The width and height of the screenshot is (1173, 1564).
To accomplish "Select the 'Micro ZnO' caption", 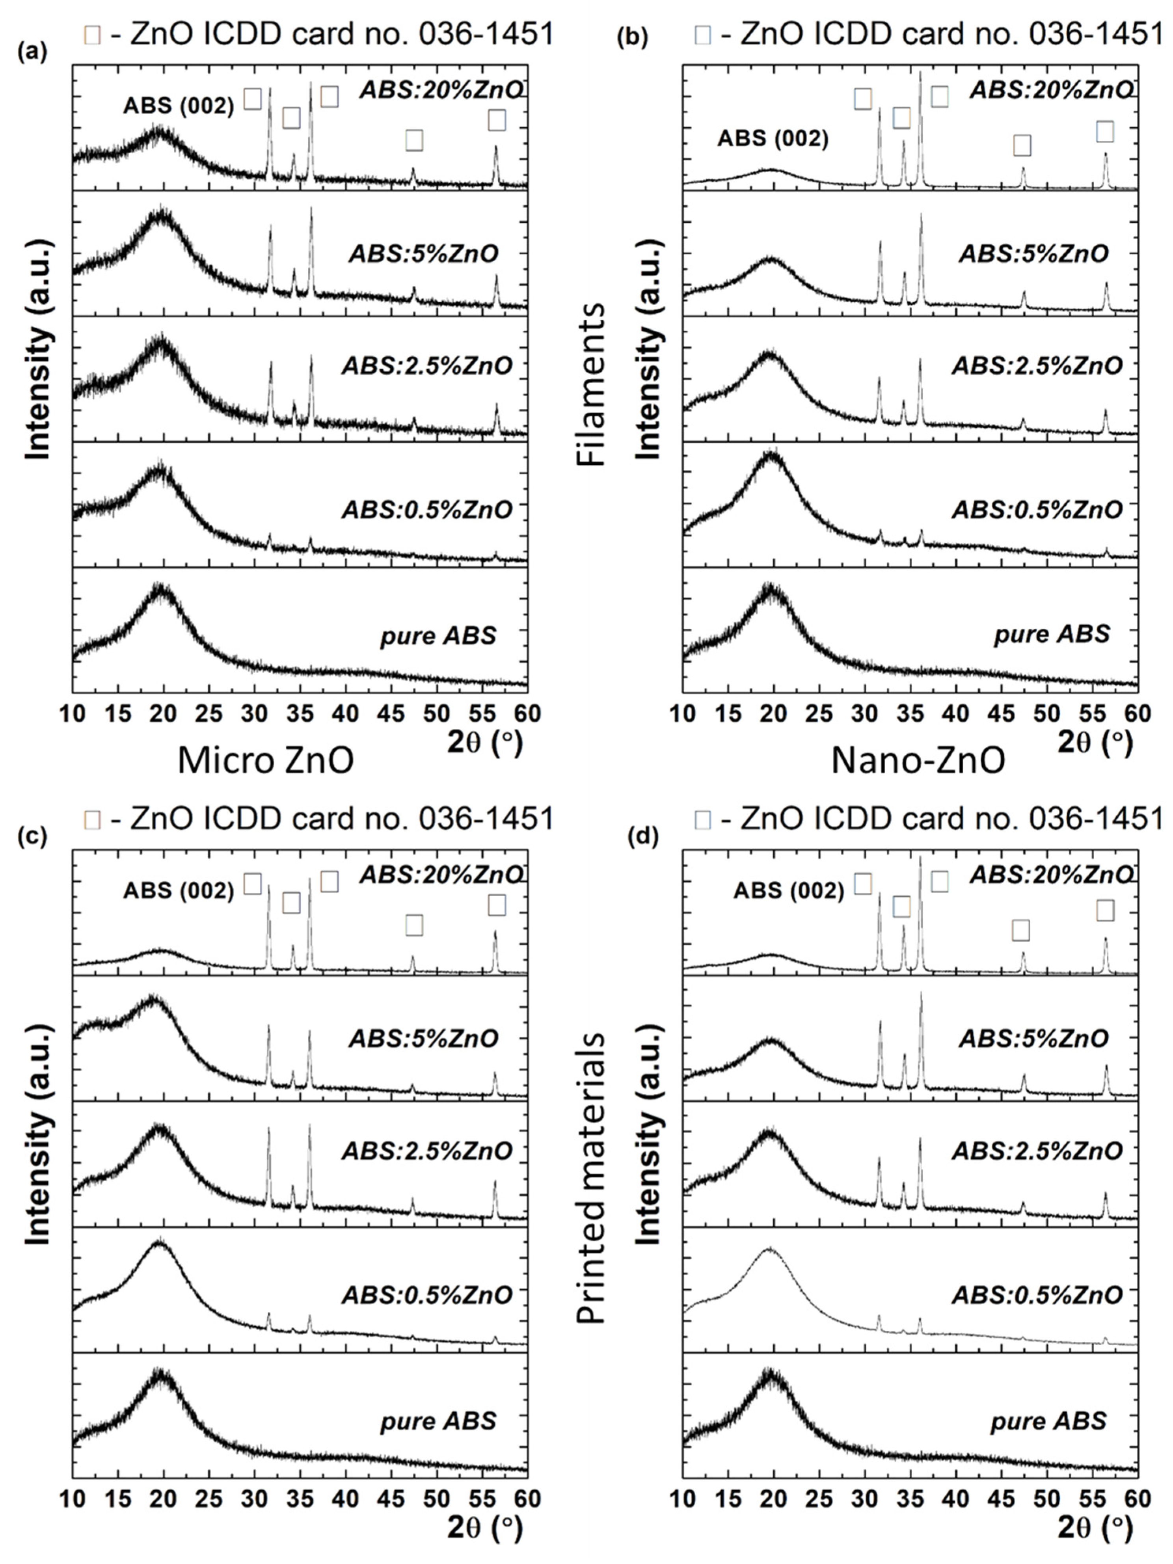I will pyautogui.click(x=265, y=761).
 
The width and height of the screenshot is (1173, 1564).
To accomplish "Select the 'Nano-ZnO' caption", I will pyautogui.click(x=917, y=761).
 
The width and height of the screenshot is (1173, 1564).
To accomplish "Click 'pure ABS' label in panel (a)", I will pyautogui.click(x=438, y=636).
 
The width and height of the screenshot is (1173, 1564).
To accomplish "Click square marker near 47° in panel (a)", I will pyautogui.click(x=414, y=140).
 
